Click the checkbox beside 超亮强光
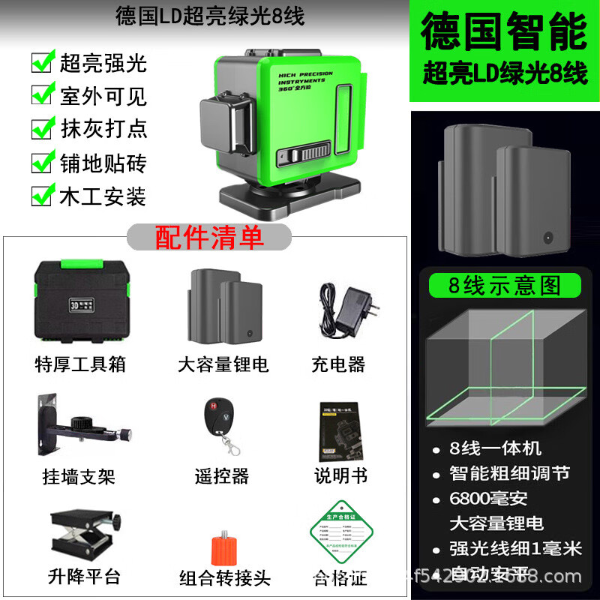(41, 61)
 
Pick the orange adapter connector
(223, 550)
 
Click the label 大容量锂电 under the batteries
(223, 364)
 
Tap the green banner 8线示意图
(504, 286)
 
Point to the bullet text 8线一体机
(495, 448)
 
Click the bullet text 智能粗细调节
(509, 472)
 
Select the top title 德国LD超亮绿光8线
(211, 17)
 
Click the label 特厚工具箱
(80, 364)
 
